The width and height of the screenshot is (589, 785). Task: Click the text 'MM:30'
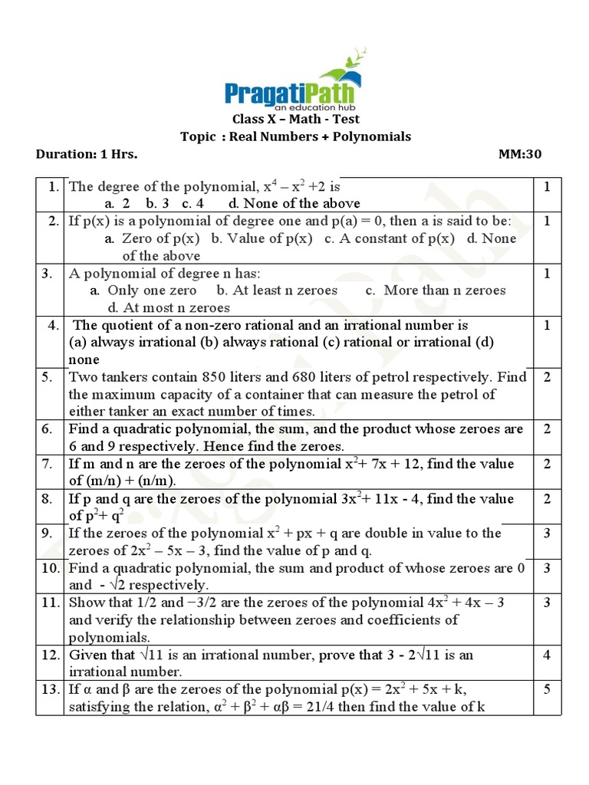[x=520, y=154]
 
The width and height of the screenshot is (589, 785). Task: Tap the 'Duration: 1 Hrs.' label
[x=87, y=154]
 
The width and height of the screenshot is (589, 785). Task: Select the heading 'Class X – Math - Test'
[x=295, y=119]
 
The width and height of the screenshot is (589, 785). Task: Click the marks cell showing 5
[x=547, y=689]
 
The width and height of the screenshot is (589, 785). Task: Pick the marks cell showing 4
[x=547, y=655]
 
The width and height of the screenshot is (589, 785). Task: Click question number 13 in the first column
[x=51, y=689]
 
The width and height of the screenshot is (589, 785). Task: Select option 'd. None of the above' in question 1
[x=294, y=203]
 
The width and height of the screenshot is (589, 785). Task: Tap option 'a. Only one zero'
[x=143, y=290]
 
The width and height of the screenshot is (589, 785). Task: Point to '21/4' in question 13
[x=319, y=707]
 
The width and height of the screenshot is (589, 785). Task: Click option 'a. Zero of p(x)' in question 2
[x=153, y=238]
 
